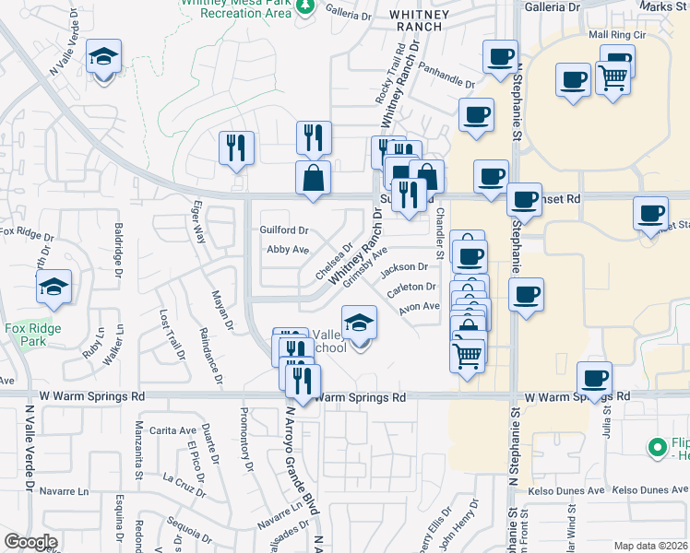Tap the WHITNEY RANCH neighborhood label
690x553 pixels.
[421, 21]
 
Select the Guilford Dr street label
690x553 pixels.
[283, 229]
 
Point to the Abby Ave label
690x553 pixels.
[287, 250]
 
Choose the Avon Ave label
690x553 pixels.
[419, 307]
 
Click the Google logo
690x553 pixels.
[30, 542]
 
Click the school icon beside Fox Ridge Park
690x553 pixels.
[54, 288]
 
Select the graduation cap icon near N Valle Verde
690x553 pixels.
[103, 57]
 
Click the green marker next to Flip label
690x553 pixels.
[658, 449]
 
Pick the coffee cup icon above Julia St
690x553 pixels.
[594, 378]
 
